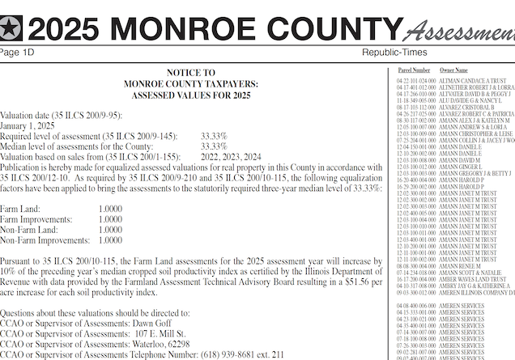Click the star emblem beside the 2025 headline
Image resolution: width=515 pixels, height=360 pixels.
(12, 29)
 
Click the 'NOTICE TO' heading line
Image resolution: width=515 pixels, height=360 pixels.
(192, 73)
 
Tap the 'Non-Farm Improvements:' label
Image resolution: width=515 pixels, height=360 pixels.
(45, 239)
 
